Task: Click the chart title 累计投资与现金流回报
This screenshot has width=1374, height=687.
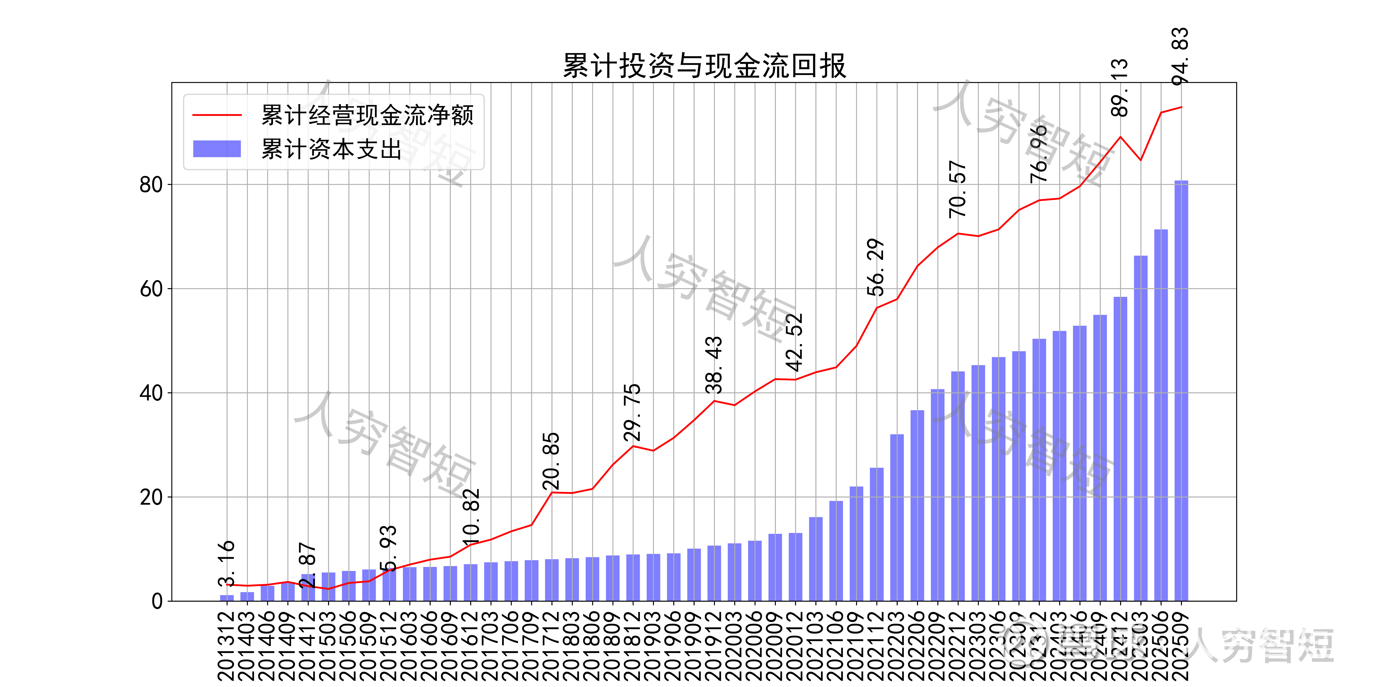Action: [704, 66]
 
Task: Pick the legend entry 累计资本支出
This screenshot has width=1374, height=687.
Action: [331, 149]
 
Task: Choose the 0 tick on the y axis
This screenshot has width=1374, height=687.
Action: [157, 601]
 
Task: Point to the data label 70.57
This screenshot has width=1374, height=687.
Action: [958, 189]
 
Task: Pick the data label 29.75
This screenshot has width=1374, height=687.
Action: [632, 412]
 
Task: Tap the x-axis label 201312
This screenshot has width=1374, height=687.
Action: [227, 645]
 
